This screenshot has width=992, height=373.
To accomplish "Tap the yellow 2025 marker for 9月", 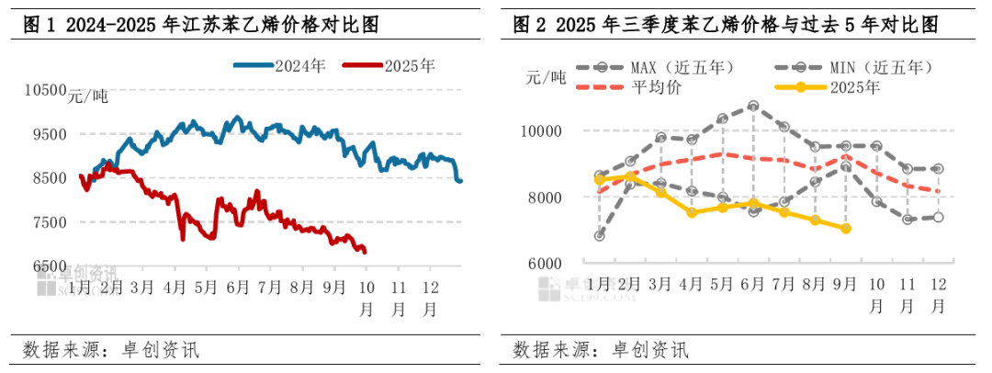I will (x=846, y=229).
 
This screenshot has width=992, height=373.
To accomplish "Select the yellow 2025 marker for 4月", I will (x=692, y=212).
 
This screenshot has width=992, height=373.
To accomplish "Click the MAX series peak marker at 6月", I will (x=753, y=106).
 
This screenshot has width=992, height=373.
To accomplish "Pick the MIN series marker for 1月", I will (x=599, y=236).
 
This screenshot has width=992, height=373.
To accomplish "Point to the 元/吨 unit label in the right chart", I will (x=547, y=77).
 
